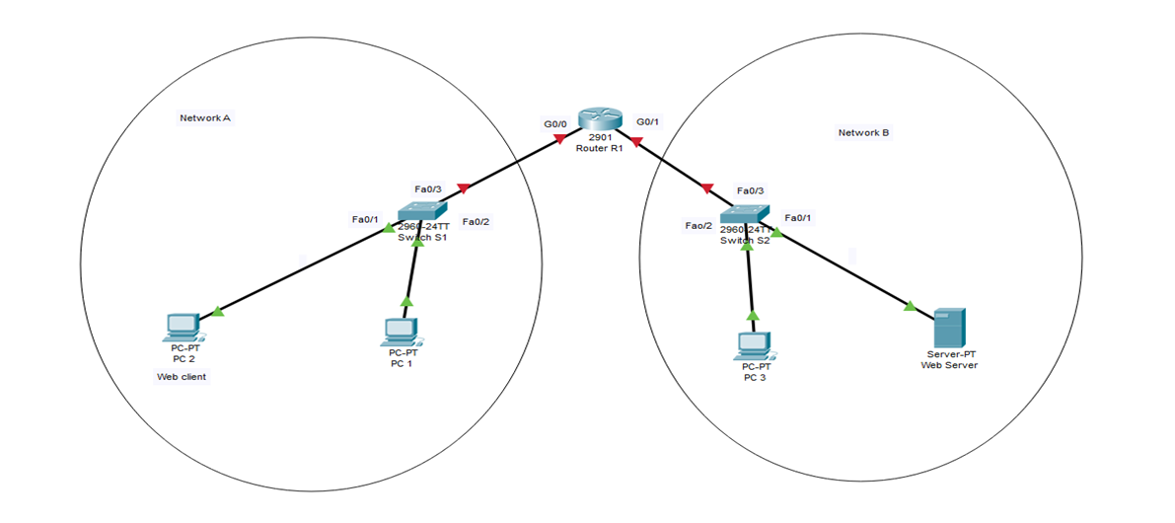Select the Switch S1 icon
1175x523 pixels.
422,210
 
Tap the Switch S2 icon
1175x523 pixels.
745,213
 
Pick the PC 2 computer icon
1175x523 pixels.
183,327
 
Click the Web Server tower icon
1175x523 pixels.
950,328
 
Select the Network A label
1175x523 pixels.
205,118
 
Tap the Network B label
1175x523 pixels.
863,132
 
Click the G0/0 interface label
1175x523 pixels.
555,124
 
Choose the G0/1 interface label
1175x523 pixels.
648,121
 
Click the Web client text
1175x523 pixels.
182,377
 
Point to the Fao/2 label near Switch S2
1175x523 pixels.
698,226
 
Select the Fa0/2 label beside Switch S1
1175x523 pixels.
476,221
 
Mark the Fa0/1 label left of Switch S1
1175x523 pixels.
365,219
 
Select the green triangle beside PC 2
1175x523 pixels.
218,312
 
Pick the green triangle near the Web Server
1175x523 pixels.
909,306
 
